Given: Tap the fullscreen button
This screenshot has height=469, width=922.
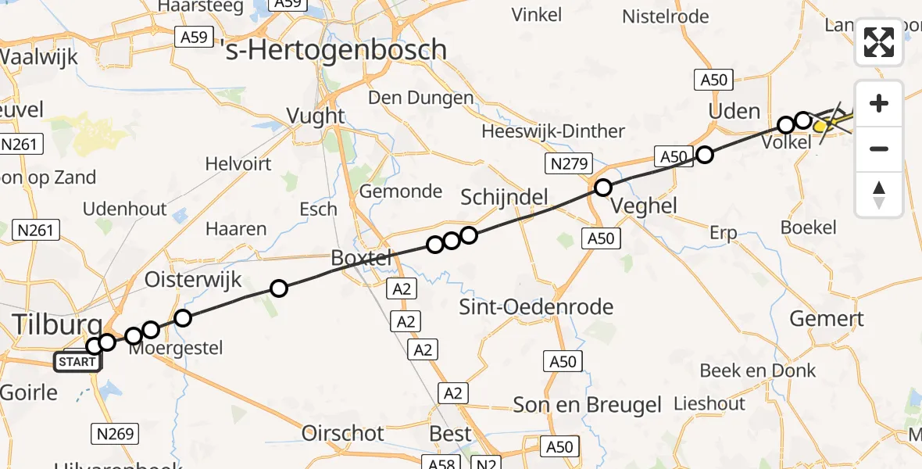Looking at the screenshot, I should [879, 42].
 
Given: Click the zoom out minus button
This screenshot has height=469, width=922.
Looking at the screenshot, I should [879, 149].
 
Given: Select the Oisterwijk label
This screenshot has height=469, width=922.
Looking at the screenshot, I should [193, 280].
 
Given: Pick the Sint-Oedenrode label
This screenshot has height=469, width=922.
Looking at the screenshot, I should [536, 306].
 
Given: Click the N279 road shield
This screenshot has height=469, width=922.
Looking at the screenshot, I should [569, 163].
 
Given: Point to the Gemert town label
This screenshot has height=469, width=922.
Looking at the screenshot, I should [827, 318].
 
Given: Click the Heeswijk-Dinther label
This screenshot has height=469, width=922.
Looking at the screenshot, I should [553, 131].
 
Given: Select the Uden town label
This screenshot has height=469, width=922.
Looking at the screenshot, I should [734, 111].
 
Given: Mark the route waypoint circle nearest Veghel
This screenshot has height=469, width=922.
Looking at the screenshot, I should [602, 188].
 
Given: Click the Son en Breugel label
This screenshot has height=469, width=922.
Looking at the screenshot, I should [587, 405].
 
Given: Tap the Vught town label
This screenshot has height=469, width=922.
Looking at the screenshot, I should [316, 116].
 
